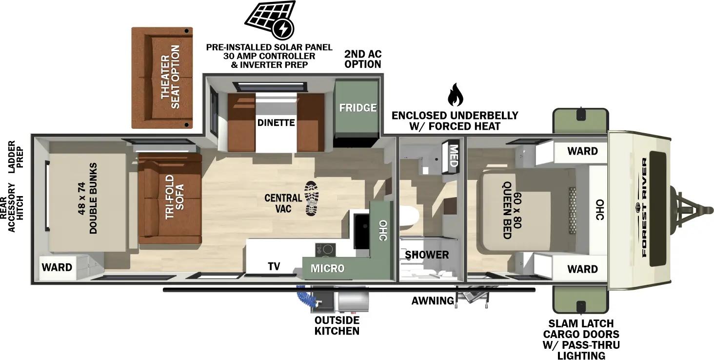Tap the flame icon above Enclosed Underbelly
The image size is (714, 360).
click(x=455, y=95)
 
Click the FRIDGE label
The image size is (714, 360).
click(x=358, y=108)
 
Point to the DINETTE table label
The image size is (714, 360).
click(x=276, y=122)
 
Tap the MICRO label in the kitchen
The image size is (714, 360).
click(x=328, y=268)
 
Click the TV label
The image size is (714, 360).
click(x=274, y=266)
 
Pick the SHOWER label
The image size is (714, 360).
click(x=427, y=255)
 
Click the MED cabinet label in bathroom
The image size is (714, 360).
click(x=453, y=156)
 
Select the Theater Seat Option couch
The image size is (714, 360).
click(x=162, y=78)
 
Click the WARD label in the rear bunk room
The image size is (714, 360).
click(x=57, y=267)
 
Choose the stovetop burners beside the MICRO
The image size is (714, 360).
click(x=325, y=250)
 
